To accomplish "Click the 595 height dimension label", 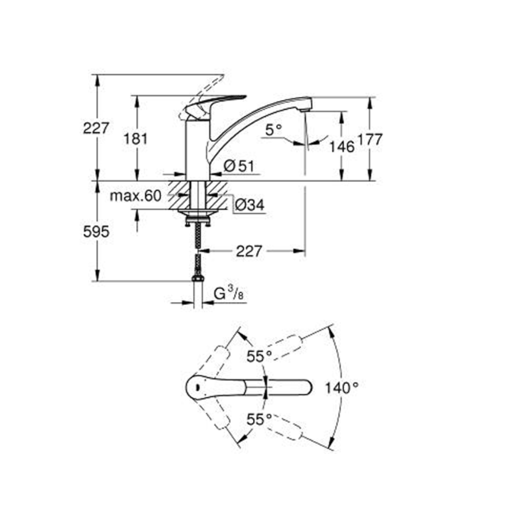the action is [96, 232].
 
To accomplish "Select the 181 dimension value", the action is [136, 139].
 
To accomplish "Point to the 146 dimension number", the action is [342, 147].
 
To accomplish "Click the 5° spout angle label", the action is [273, 130].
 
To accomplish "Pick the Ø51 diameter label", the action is [239, 166].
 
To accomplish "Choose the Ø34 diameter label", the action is [250, 205].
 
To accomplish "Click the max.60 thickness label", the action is [136, 196].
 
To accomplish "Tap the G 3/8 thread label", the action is [228, 294].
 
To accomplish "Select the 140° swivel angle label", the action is [342, 388].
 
